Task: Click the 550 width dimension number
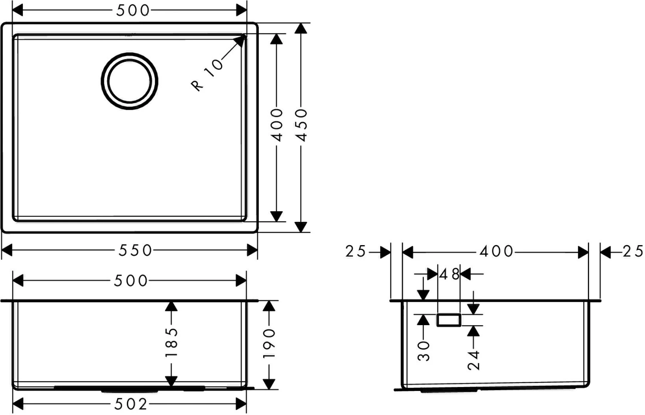(135, 250)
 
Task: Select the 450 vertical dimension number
(301, 125)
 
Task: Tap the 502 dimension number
(130, 404)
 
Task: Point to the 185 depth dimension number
(171, 342)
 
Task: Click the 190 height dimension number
(269, 343)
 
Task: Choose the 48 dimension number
(449, 274)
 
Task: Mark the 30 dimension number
(423, 351)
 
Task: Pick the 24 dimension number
(473, 360)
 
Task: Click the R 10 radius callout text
(207, 75)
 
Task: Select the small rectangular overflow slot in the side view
(449, 320)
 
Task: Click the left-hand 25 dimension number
(356, 251)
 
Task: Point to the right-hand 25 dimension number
(633, 251)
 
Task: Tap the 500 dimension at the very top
(133, 10)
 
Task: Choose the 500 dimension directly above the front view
(131, 281)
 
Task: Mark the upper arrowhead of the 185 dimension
(171, 306)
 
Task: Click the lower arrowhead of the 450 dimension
(301, 227)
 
